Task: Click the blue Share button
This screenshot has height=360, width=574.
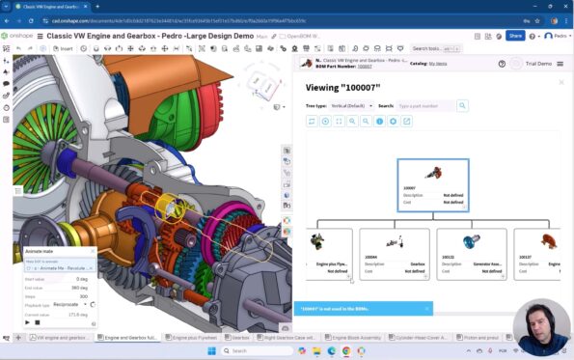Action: [515, 35]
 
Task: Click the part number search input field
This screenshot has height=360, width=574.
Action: [424, 105]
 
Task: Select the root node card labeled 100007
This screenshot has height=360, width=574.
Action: [433, 184]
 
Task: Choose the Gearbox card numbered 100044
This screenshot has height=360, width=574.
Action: [394, 253]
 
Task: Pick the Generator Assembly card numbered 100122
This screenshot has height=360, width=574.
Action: [471, 253]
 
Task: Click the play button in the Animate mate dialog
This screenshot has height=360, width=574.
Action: [29, 322]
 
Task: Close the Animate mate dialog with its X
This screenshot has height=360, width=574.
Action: [93, 251]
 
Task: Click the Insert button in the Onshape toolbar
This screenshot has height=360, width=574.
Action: [64, 47]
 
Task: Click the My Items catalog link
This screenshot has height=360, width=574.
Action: [438, 63]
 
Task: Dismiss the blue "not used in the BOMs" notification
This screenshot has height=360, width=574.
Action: [426, 309]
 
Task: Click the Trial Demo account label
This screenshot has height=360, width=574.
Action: [537, 63]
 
